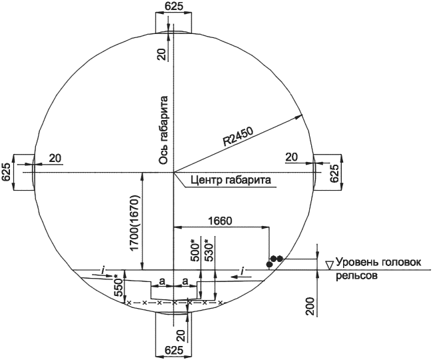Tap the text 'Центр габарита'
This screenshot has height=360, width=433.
point(230,180)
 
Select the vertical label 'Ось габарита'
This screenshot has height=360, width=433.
point(163,130)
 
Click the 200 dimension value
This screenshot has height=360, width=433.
point(310,307)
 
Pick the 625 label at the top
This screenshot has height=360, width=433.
point(174,6)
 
